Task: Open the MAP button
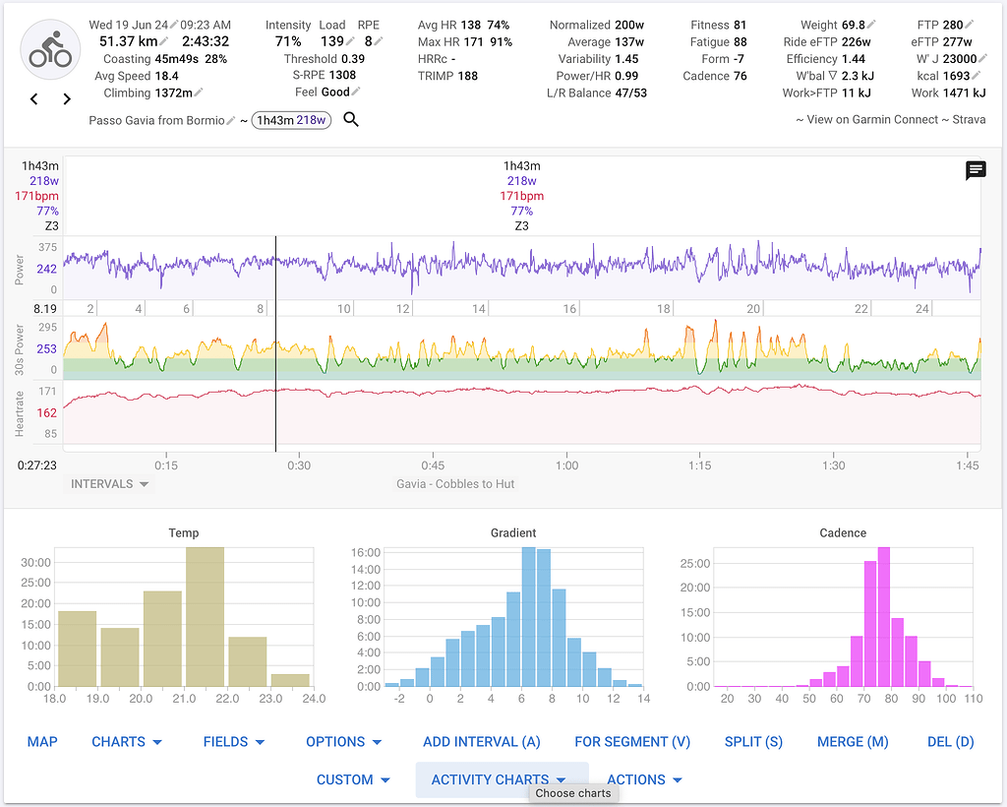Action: point(41,741)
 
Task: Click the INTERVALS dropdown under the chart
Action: point(109,484)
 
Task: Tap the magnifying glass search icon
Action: point(351,120)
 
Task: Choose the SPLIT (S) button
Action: point(753,741)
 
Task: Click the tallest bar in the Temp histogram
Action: point(205,617)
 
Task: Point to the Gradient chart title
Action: point(513,532)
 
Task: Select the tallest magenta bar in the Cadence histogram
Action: point(883,617)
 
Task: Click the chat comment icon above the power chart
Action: point(976,171)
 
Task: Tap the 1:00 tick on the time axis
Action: point(566,466)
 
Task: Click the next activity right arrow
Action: point(67,98)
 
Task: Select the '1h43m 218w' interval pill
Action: point(292,120)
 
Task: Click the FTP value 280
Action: point(952,25)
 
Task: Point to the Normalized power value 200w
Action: point(629,25)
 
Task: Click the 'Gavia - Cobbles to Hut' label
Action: point(455,484)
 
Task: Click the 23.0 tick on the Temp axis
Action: point(270,699)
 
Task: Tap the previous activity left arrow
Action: point(34,98)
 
